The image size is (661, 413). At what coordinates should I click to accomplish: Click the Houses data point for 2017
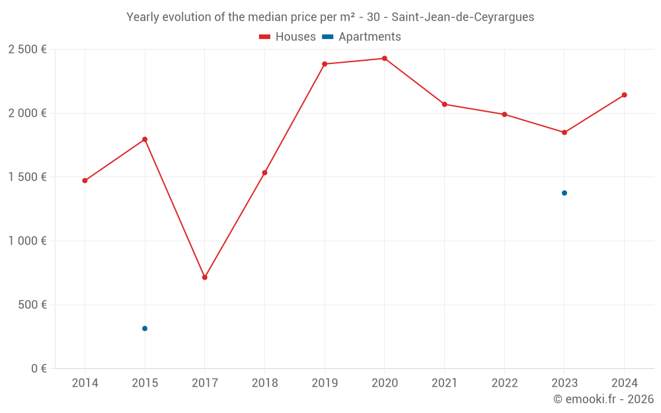point(205,278)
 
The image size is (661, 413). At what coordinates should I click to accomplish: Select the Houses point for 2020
point(385,59)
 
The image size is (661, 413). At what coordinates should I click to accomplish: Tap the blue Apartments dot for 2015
point(145,328)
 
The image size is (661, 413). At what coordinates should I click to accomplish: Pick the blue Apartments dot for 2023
point(564,193)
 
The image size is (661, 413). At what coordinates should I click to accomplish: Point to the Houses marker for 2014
point(85,180)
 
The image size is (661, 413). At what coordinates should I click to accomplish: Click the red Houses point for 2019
point(325,64)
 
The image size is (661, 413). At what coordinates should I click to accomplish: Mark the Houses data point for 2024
point(624,95)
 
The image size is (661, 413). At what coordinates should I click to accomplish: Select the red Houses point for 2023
point(564,132)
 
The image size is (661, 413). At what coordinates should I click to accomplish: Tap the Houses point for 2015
point(145,139)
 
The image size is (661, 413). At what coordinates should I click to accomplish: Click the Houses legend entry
point(288,37)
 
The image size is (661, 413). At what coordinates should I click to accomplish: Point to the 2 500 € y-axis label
point(27,50)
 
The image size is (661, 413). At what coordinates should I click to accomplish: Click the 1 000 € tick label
point(27,241)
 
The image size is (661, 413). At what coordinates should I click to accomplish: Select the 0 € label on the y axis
point(39,369)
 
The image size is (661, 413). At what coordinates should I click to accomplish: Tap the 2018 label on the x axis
point(264,383)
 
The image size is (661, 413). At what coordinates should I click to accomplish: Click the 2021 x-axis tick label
point(444,383)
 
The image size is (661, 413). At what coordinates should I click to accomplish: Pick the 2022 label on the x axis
point(504,383)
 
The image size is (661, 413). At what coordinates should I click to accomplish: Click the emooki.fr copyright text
point(603,399)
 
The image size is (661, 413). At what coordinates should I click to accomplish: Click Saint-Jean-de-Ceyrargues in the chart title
point(463,17)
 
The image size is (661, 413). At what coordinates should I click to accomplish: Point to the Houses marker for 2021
point(444,104)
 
